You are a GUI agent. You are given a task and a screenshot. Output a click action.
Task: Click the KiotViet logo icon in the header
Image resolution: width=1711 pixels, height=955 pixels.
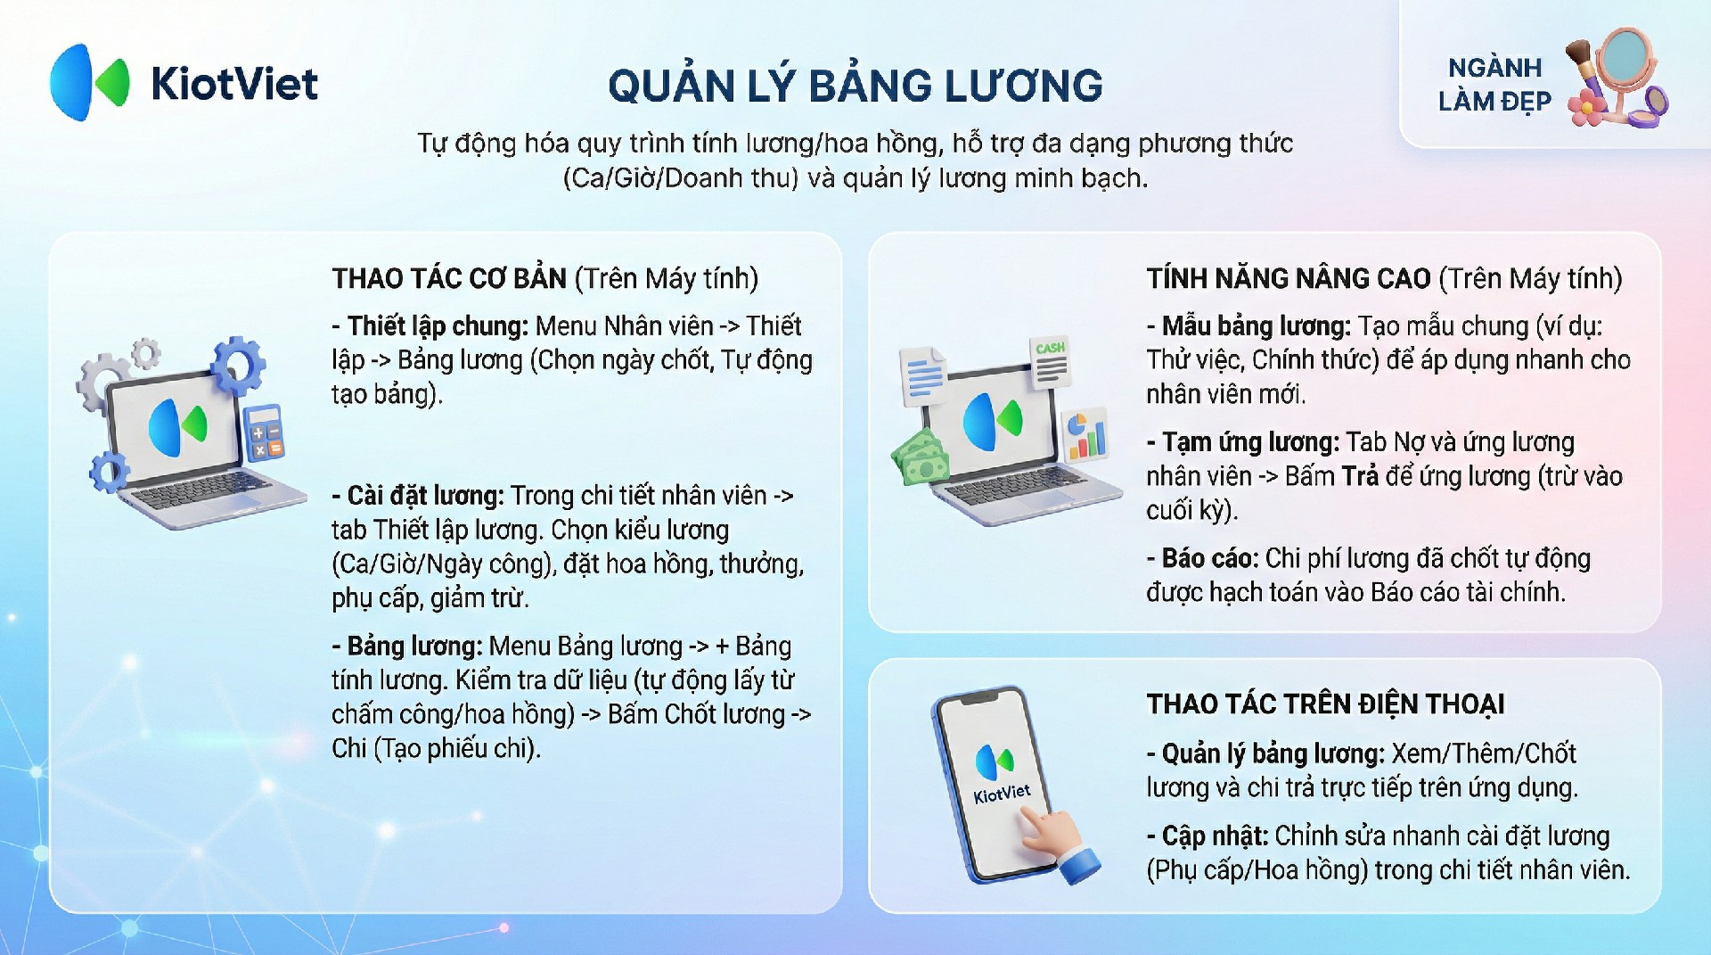[x=89, y=82]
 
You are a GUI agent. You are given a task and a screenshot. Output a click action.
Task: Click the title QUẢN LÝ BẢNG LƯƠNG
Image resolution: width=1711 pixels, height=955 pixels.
[x=855, y=86]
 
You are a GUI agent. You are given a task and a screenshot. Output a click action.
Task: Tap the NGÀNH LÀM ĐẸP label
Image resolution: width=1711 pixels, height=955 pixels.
[x=1494, y=85]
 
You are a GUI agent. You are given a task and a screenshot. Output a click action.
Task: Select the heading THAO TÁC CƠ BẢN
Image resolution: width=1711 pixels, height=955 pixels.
[x=449, y=278]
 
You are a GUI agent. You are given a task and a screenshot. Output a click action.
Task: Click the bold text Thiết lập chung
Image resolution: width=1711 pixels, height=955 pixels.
[x=438, y=325]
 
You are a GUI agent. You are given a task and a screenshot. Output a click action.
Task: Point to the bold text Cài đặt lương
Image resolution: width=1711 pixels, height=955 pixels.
[x=426, y=495]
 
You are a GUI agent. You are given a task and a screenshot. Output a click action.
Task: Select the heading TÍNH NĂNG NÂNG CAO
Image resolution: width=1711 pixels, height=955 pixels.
[x=1289, y=278]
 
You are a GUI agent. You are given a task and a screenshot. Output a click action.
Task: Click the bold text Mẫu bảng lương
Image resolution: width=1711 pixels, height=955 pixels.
[x=1257, y=325]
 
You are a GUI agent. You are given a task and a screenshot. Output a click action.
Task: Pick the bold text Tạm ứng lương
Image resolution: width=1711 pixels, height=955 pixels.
[x=1250, y=441]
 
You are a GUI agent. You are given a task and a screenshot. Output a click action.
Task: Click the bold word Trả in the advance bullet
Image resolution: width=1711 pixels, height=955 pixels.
[x=1360, y=476]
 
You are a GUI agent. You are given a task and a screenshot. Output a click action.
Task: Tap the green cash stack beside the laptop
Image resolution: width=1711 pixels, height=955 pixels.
[x=921, y=456]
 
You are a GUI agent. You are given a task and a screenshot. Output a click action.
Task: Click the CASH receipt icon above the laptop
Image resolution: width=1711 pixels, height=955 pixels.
[x=1051, y=362]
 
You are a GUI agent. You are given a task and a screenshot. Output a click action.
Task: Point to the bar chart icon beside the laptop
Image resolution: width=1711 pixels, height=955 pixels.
[x=1085, y=435]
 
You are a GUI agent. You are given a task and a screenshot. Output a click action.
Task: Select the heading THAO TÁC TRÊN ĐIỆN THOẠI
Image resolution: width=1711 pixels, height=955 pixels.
[x=1325, y=704]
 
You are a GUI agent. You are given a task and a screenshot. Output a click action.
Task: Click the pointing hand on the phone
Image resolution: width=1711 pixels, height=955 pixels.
[x=1060, y=844]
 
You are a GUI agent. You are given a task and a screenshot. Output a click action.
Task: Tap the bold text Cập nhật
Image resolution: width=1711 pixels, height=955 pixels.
[x=1215, y=836]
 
